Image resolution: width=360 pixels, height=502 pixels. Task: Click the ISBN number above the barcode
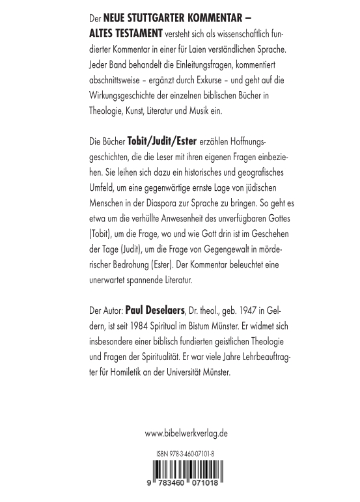186,454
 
